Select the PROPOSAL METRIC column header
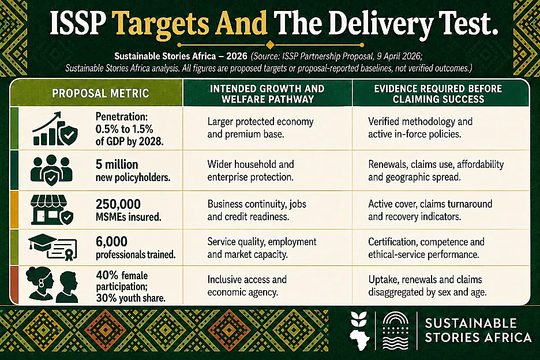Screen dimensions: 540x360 click(x=100, y=93)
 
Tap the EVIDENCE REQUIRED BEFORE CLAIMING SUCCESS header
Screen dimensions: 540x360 click(x=438, y=93)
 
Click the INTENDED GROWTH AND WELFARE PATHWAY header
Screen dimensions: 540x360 click(x=267, y=93)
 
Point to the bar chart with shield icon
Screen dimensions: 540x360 click(x=55, y=129)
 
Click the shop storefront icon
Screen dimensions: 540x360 click(x=52, y=210)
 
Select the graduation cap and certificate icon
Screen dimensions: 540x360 click(x=52, y=247)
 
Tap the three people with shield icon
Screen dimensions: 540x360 click(x=51, y=170)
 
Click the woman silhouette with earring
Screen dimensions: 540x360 click(x=40, y=284)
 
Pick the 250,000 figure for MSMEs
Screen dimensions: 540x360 click(x=118, y=204)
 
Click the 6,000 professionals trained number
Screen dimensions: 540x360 click(x=111, y=242)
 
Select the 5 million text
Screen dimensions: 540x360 click(x=117, y=164)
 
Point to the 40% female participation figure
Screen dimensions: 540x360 click(x=122, y=275)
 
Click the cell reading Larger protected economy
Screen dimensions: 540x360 click(x=260, y=127)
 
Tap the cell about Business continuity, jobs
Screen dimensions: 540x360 click(x=257, y=210)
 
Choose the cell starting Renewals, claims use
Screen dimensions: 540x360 click(x=436, y=171)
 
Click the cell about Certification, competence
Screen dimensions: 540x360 click(x=426, y=248)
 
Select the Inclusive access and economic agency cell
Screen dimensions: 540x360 click(x=247, y=286)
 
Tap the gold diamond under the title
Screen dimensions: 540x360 click(x=271, y=45)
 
